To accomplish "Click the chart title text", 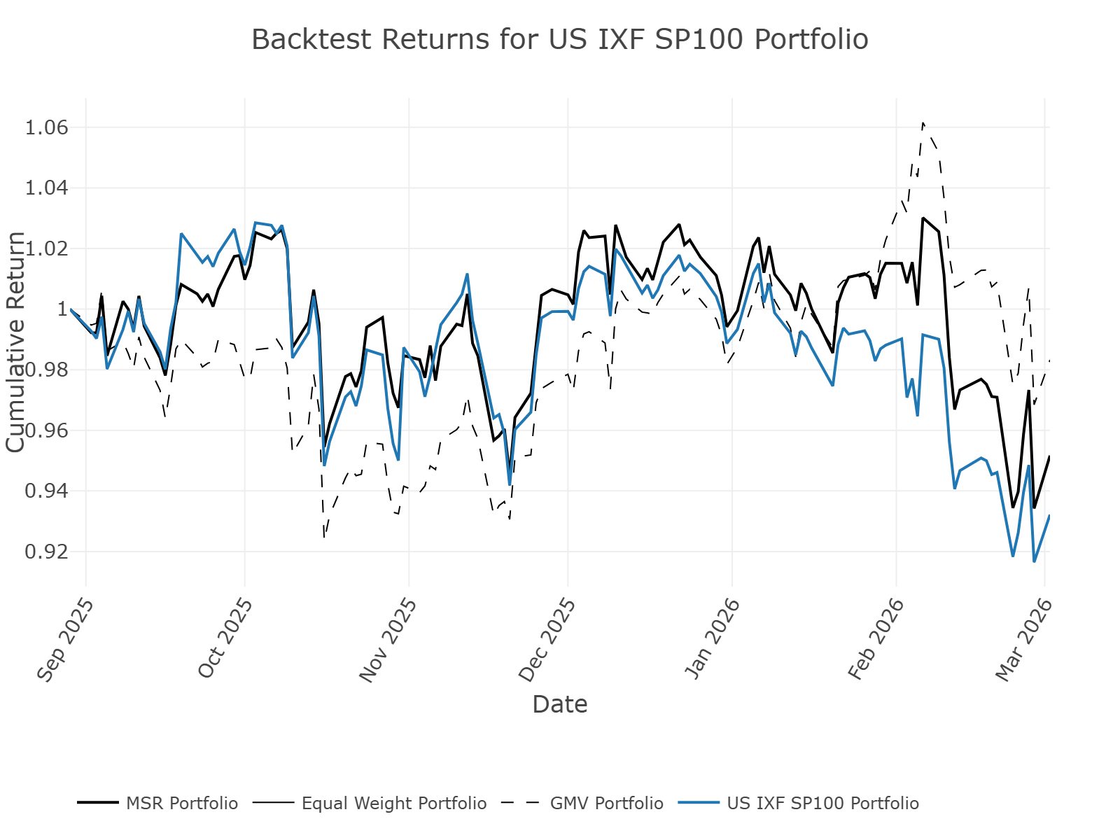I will click(559, 39).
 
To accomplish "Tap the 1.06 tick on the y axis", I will click(46, 127).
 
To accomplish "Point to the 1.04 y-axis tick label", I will click(46, 188).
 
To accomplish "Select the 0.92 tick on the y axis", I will click(46, 552).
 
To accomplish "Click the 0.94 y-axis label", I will click(46, 491).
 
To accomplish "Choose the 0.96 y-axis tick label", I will click(46, 430).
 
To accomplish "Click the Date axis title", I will click(559, 704).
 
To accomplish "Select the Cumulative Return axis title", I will click(15, 342).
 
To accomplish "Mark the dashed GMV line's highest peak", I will click(923, 123).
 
